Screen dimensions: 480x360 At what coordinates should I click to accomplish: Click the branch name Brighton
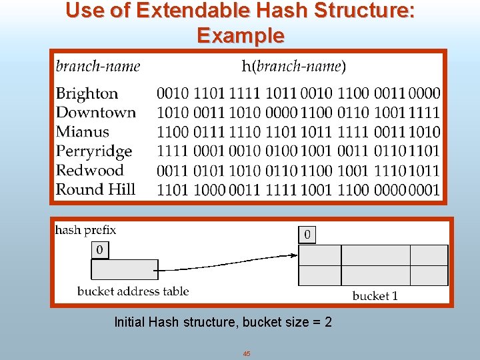coord(87,93)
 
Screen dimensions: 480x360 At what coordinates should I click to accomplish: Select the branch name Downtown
coord(95,113)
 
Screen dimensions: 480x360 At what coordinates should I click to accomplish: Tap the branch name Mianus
coord(82,131)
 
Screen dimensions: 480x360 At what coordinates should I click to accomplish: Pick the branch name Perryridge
coord(94,151)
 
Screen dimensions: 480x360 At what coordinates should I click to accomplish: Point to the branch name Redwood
coord(90,170)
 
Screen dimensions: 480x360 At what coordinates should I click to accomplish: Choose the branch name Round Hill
coord(95,189)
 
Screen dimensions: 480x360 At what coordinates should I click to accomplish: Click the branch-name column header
coord(98,66)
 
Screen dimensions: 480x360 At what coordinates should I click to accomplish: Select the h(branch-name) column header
coord(293,66)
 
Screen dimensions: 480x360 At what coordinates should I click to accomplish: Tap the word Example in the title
coord(240,35)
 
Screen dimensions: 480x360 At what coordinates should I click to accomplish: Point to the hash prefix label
coord(85,230)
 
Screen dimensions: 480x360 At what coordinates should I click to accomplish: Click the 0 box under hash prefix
coord(99,250)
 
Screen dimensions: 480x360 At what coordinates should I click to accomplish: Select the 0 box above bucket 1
coord(307,235)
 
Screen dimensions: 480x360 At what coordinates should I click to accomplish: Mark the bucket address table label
coord(133,291)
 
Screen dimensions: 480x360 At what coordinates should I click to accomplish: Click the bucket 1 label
coord(375,295)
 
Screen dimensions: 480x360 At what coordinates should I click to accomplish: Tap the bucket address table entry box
coord(124,269)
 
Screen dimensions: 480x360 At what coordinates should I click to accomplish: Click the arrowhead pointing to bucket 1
coord(294,255)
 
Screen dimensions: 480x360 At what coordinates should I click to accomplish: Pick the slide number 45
coord(247,353)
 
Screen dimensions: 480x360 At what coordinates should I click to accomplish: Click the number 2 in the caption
coord(327,323)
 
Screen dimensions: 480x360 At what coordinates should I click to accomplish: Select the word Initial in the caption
coord(129,323)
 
